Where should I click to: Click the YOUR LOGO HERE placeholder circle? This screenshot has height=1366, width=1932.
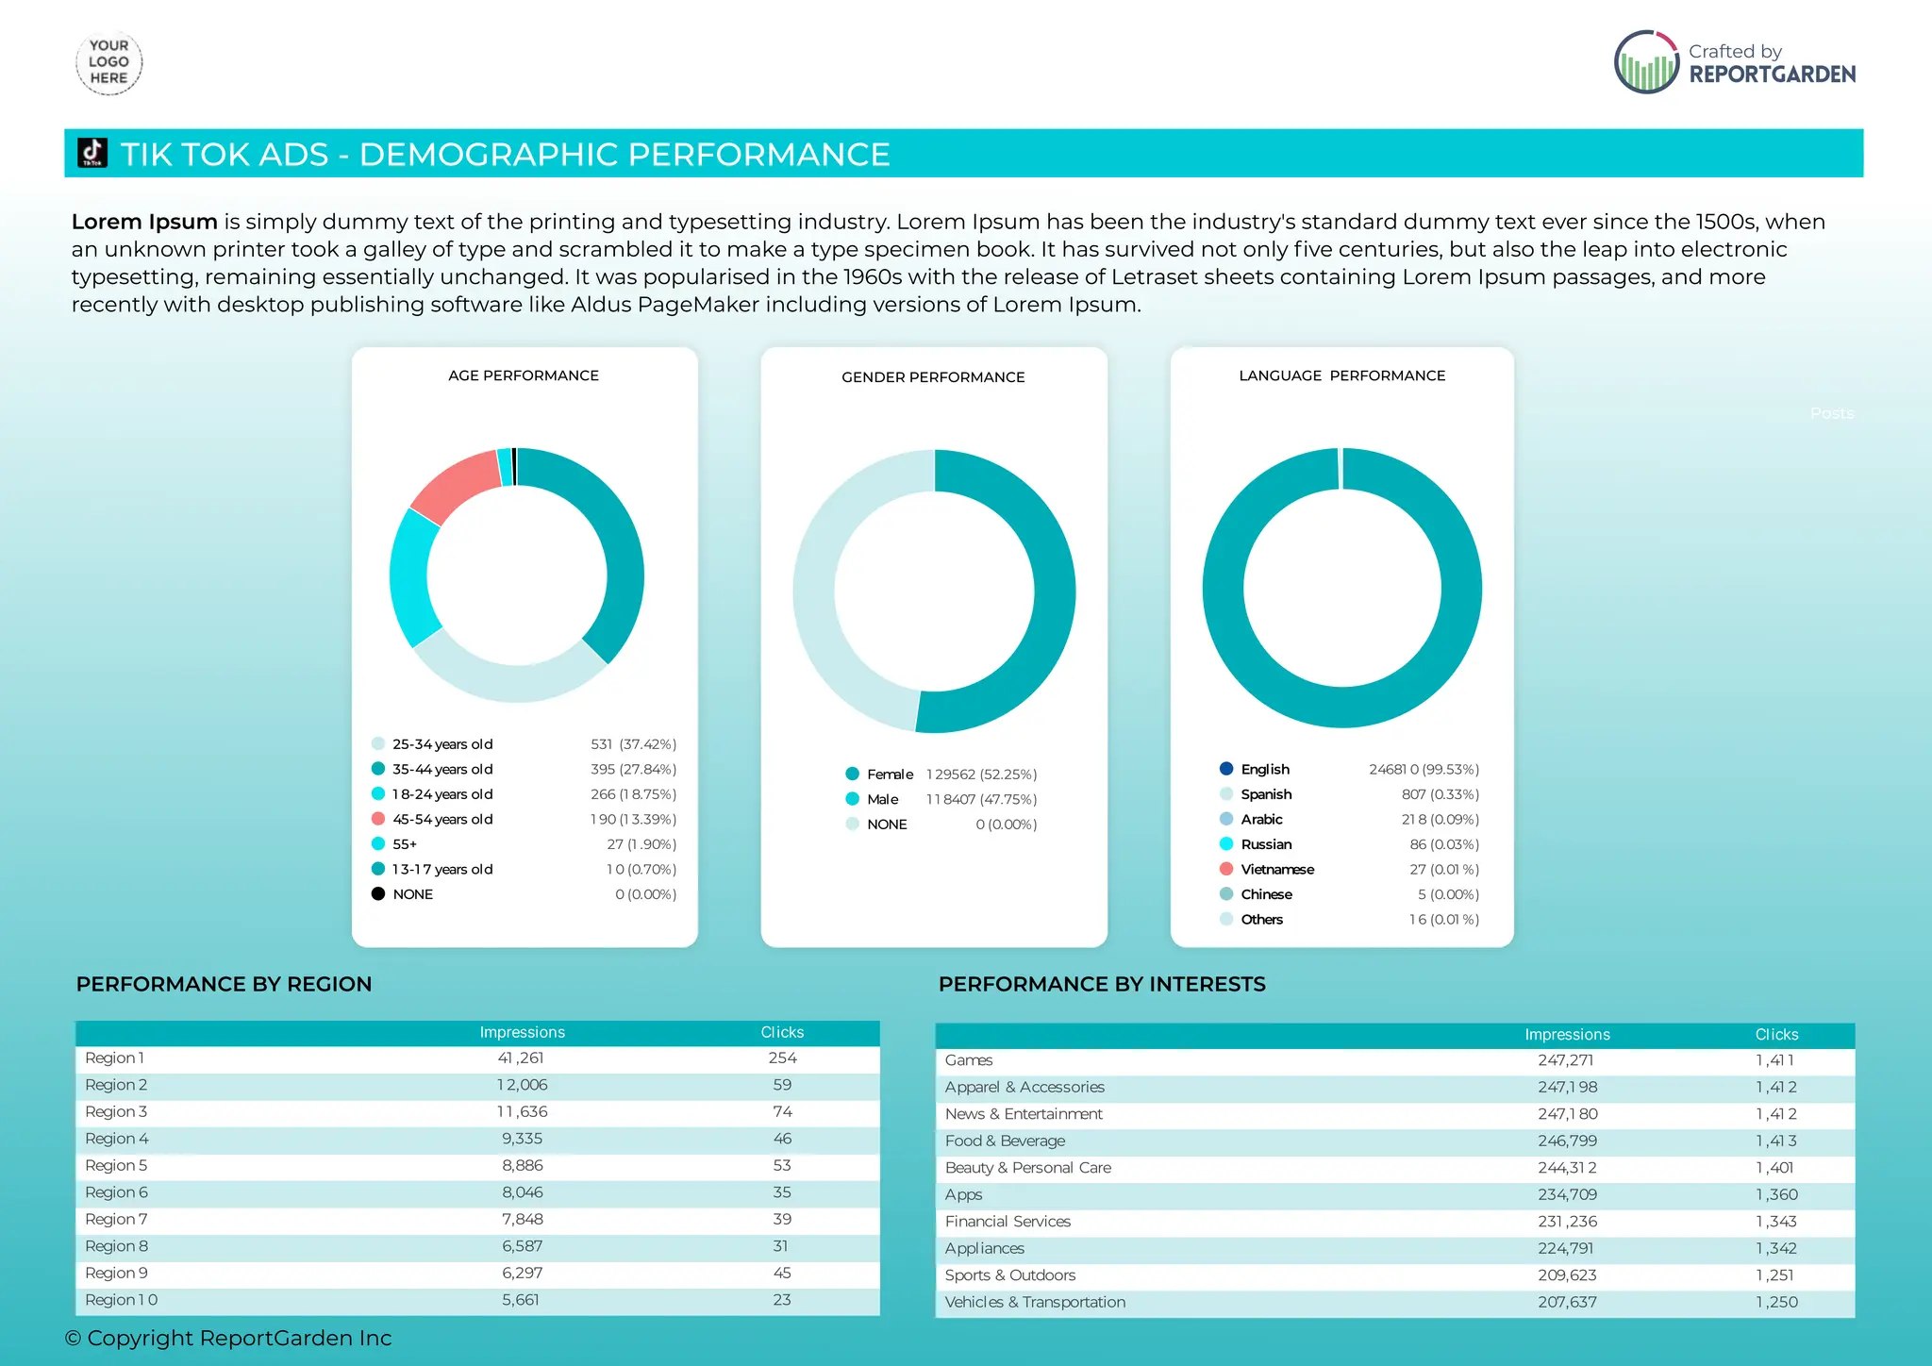[108, 63]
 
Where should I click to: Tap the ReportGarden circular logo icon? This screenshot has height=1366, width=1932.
[1646, 63]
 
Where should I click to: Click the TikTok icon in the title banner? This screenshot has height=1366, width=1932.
[92, 153]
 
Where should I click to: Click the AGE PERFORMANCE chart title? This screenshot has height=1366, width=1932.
[524, 375]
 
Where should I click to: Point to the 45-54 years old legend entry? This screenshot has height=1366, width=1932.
[441, 819]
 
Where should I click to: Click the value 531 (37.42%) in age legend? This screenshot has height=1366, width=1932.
[633, 744]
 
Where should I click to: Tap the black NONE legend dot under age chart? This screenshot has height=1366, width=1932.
[378, 893]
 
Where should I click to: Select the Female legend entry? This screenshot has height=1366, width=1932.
[889, 775]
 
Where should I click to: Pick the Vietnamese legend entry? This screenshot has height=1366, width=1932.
[1276, 869]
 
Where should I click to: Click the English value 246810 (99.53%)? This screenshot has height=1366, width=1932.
[1424, 770]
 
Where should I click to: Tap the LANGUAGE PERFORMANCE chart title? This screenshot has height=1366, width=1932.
[1341, 375]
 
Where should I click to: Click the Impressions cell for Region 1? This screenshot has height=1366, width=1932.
[521, 1058]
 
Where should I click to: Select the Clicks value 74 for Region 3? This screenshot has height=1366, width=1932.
[782, 1112]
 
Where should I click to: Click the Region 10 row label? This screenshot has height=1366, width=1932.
[122, 1300]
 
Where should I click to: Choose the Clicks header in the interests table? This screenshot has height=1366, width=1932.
[1776, 1035]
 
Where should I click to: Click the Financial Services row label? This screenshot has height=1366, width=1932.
[1008, 1222]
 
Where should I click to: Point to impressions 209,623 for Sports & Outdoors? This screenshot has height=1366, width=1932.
[1567, 1275]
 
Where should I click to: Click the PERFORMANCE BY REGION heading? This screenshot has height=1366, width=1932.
[224, 984]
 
